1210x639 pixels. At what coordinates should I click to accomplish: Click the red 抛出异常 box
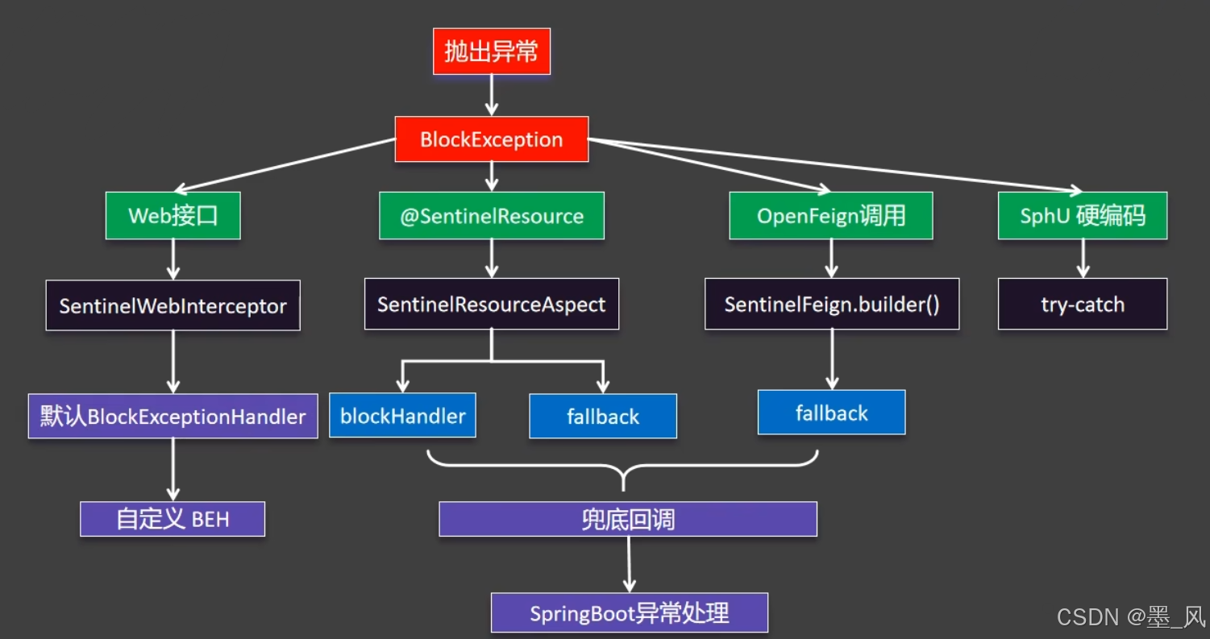pos(491,52)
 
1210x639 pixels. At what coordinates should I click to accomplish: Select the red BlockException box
pos(491,139)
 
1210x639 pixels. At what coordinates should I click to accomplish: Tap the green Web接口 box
pos(173,216)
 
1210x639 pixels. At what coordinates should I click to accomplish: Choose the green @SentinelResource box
pos(491,216)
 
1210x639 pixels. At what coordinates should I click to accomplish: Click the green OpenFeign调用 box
pos(830,216)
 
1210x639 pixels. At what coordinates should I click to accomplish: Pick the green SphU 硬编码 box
pos(1082,216)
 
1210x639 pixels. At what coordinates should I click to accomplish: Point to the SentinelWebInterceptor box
pos(173,305)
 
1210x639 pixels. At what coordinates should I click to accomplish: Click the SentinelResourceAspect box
pos(491,305)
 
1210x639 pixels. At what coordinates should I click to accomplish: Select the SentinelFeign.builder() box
pos(831,305)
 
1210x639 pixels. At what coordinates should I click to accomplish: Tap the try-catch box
pos(1082,305)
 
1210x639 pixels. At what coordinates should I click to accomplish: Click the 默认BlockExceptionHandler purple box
pos(173,417)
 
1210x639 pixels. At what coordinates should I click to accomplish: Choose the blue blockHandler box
pos(402,416)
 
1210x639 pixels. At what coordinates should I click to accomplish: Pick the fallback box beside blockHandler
pos(602,417)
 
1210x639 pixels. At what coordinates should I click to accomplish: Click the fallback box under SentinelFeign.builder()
pos(831,413)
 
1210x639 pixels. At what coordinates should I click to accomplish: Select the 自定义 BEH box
pos(173,519)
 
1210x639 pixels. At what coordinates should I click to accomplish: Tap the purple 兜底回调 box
pos(627,519)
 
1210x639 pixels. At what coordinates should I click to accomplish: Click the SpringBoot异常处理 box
pos(629,613)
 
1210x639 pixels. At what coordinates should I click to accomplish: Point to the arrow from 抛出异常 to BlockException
pos(491,95)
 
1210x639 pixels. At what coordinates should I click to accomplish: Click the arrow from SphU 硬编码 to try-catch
pos(1082,259)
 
